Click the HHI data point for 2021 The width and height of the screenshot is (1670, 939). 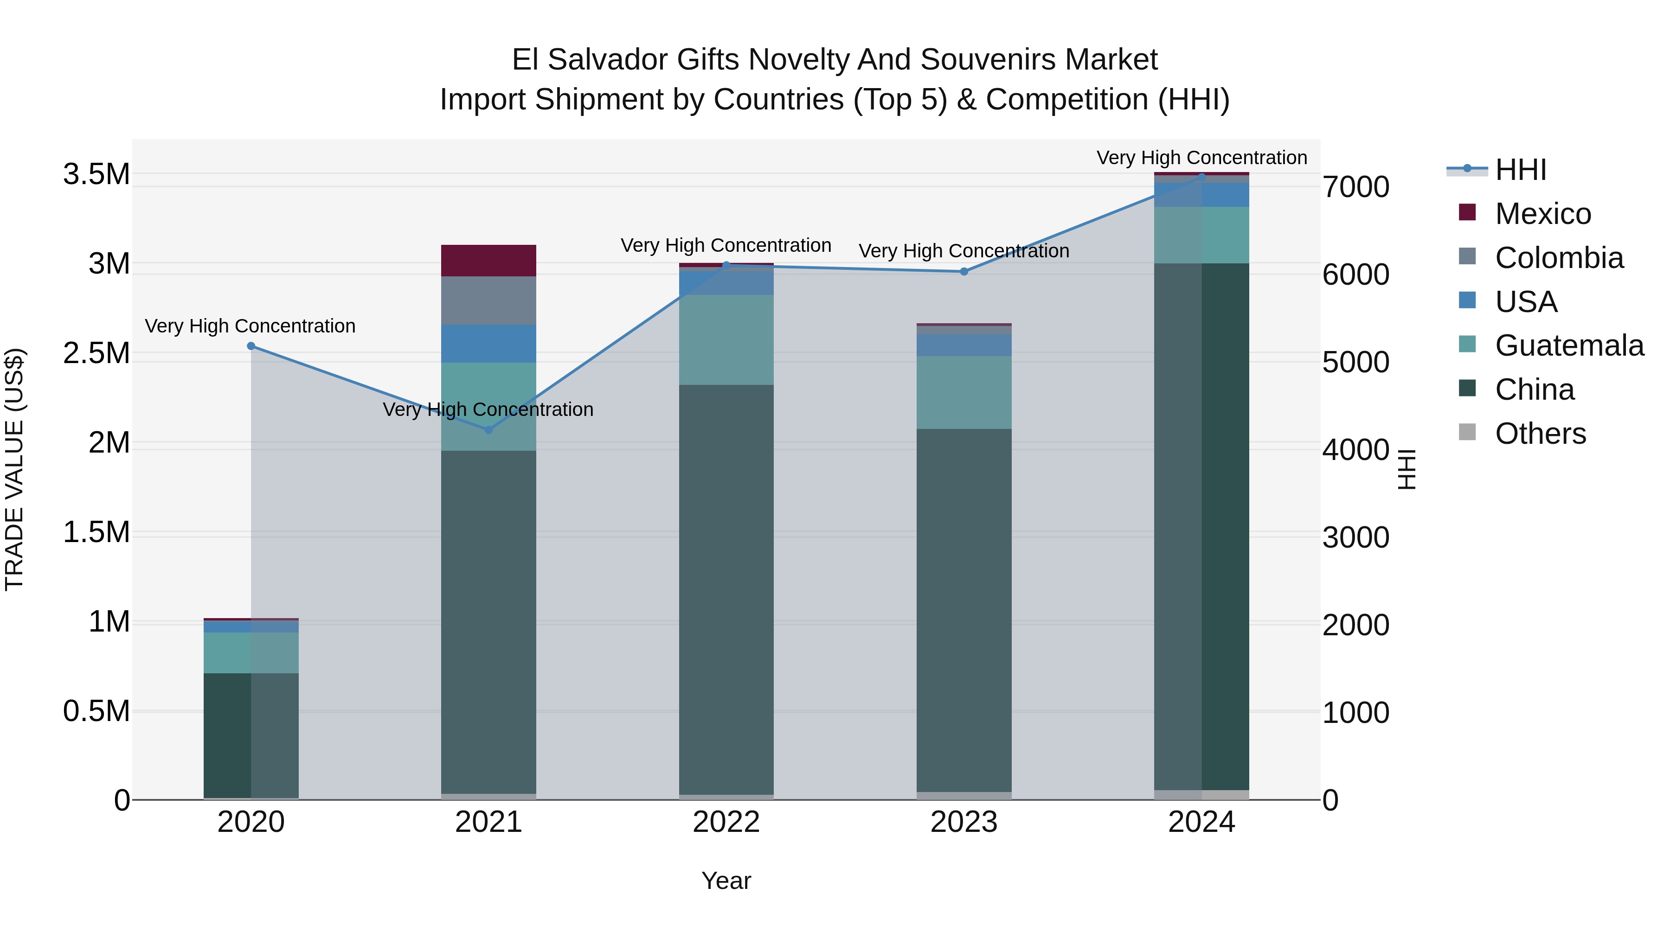click(x=489, y=430)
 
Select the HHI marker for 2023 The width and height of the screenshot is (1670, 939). click(x=964, y=272)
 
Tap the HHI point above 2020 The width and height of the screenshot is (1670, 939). click(x=251, y=346)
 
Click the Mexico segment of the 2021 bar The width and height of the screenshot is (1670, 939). click(x=489, y=261)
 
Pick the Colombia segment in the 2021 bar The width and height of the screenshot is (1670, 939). click(x=489, y=300)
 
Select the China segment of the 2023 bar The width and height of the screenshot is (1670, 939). click(x=964, y=609)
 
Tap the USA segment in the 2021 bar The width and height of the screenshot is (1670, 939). click(x=489, y=344)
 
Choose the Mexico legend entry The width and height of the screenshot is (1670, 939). click(x=1543, y=214)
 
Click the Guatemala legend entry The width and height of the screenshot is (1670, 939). click(x=1569, y=345)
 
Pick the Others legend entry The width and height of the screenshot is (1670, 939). click(x=1540, y=434)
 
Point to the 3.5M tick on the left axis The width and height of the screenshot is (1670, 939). click(x=96, y=174)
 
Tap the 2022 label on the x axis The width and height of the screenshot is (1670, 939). click(x=726, y=822)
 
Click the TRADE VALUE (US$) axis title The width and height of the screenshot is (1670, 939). click(x=14, y=469)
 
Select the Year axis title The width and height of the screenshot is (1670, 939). click(x=726, y=881)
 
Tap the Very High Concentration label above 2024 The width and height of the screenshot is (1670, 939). click(x=1201, y=158)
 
